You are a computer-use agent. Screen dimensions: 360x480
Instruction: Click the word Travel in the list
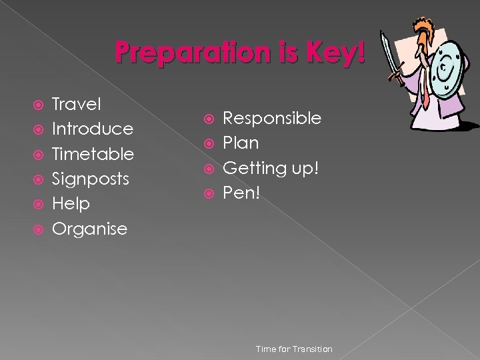[77, 104]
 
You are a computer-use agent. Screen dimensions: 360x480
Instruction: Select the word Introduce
[93, 129]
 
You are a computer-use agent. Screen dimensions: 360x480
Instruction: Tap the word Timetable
[93, 154]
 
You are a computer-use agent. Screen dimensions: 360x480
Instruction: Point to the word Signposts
[91, 179]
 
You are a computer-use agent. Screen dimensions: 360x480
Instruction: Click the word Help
[71, 203]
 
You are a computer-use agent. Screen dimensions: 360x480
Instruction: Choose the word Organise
[89, 229]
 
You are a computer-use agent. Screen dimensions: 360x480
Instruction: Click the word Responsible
[272, 119]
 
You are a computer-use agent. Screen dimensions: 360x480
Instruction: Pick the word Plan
[241, 143]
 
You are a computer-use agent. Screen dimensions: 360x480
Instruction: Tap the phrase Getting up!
[271, 169]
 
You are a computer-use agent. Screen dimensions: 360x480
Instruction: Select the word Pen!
[240, 193]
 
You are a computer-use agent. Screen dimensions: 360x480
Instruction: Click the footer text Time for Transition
[294, 349]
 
